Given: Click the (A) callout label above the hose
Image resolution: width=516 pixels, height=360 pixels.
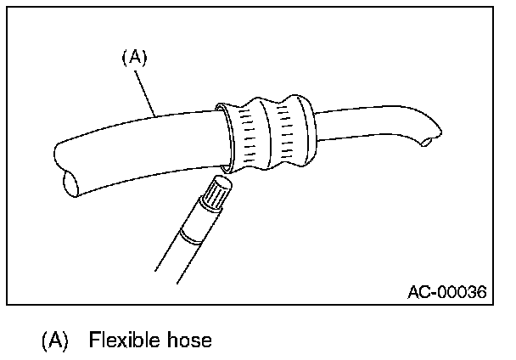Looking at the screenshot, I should (136, 58).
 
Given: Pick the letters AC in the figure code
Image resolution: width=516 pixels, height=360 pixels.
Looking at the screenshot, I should (418, 291).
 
